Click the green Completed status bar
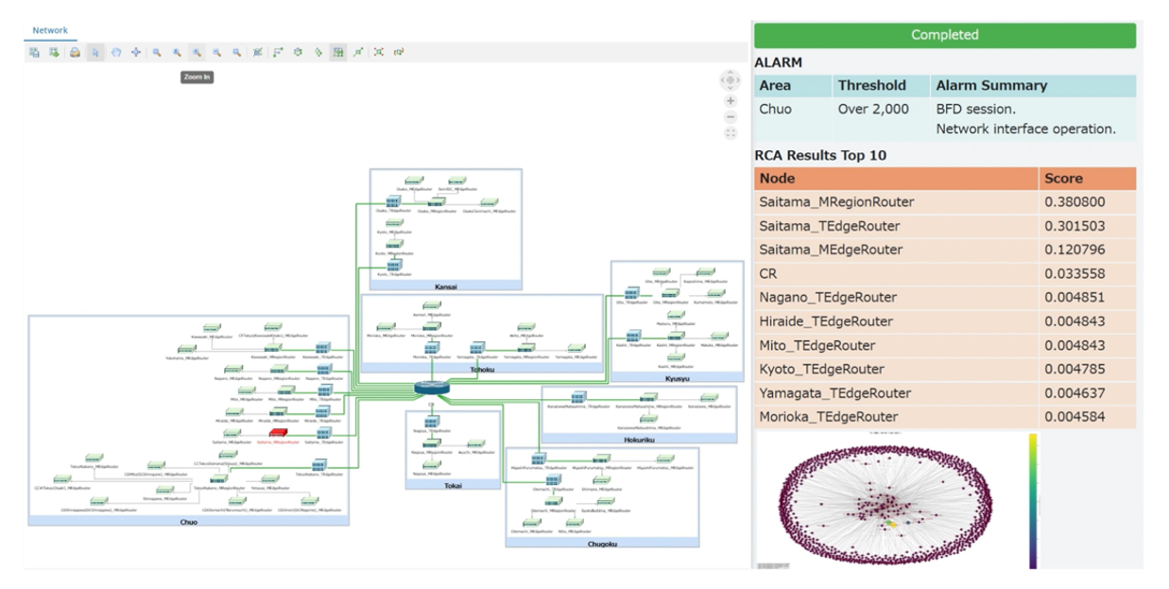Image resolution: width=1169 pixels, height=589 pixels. [944, 35]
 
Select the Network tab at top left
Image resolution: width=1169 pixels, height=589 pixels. [50, 30]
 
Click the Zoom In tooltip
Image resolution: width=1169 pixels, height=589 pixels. [197, 77]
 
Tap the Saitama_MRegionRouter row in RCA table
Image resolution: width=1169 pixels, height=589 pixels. [836, 202]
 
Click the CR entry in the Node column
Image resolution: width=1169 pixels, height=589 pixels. [767, 273]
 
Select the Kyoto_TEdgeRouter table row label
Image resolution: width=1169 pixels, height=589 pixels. [821, 369]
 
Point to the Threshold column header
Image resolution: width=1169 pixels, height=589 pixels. [871, 85]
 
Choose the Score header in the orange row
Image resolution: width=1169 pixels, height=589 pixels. [1063, 178]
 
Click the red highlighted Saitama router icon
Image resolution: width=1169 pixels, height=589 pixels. [279, 433]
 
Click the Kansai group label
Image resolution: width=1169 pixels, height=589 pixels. [445, 286]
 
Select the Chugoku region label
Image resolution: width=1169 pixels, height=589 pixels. [601, 543]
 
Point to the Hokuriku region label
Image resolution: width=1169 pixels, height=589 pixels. [638, 440]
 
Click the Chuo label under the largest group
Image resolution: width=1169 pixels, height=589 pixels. [188, 521]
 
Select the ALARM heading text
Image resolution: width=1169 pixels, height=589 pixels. [778, 62]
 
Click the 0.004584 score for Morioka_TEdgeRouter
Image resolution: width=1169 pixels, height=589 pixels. [1075, 416]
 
